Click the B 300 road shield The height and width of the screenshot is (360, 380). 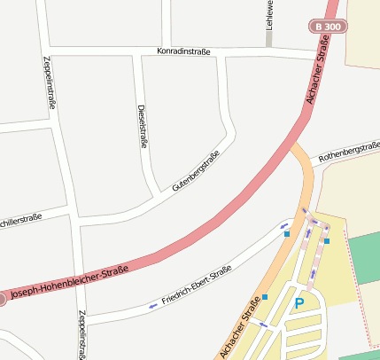(x=329, y=27)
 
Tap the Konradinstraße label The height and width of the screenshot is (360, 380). (x=183, y=51)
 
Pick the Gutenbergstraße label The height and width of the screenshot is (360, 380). (x=196, y=172)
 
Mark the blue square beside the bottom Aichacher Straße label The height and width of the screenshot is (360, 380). (x=265, y=297)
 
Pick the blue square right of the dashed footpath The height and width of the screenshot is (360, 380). (x=327, y=240)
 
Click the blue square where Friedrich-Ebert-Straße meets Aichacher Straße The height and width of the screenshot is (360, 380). (x=287, y=234)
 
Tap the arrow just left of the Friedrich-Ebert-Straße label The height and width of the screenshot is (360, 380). (x=152, y=307)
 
